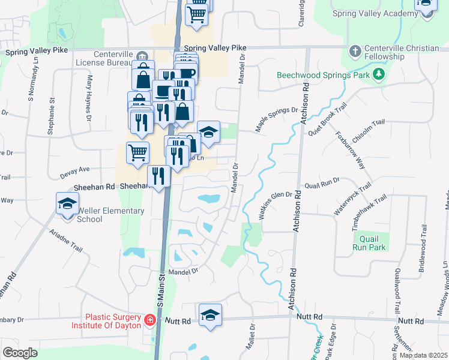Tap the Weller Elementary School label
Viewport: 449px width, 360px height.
pyautogui.click(x=110, y=215)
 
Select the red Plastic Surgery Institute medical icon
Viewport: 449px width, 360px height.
pyautogui.click(x=149, y=322)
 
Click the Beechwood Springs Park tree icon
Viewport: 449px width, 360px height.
pyautogui.click(x=378, y=75)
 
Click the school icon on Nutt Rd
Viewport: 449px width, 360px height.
pyautogui.click(x=210, y=315)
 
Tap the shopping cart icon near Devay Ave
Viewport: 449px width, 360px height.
pyautogui.click(x=137, y=153)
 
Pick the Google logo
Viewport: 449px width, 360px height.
pyautogui.click(x=19, y=353)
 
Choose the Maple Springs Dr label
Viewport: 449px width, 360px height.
pyautogui.click(x=277, y=118)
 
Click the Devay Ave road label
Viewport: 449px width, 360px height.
pyautogui.click(x=74, y=172)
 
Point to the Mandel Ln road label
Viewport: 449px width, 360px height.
pyautogui.click(x=183, y=272)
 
